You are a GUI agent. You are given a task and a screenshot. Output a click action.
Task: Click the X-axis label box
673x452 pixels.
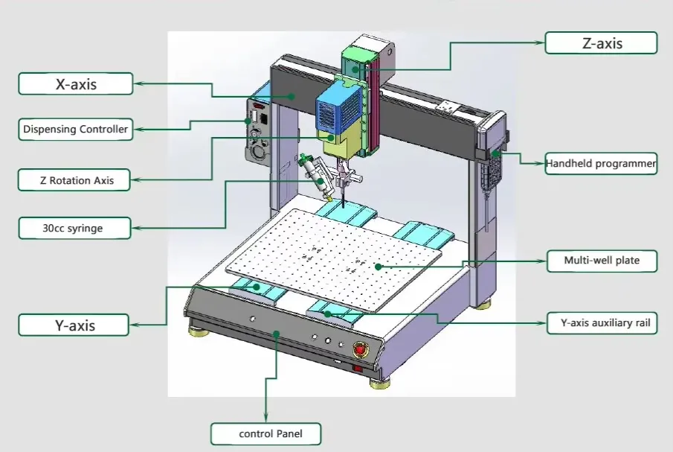click(75, 83)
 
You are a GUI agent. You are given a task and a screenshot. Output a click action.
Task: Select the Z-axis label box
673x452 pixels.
click(601, 42)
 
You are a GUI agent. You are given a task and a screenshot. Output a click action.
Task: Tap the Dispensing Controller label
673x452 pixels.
click(75, 130)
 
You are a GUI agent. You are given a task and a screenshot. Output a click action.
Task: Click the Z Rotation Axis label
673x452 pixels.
click(75, 179)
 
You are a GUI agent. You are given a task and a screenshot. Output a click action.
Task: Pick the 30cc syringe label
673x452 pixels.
click(75, 228)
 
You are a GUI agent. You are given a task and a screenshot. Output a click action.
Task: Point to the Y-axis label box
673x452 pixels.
click(75, 325)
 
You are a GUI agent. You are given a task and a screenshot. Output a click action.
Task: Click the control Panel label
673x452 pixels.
click(266, 433)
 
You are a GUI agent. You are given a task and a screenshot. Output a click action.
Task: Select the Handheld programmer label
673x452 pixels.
click(601, 163)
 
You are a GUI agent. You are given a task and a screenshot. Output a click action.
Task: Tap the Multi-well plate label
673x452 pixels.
click(601, 261)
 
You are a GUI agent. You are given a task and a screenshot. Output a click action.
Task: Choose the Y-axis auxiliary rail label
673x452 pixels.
click(601, 324)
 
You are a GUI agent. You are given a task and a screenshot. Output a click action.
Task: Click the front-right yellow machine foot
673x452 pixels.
click(381, 383)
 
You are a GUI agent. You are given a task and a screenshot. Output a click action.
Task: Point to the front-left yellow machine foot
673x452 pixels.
click(199, 330)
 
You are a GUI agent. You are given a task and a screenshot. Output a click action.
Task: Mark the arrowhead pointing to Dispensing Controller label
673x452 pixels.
click(138, 130)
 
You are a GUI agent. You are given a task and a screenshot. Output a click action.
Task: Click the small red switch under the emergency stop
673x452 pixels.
click(357, 367)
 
